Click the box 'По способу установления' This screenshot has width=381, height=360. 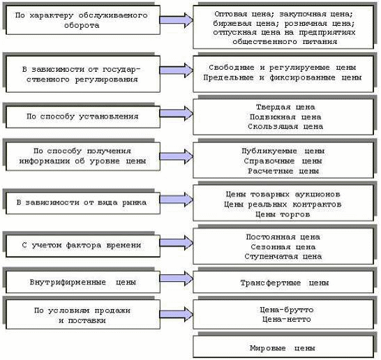tap(83, 117)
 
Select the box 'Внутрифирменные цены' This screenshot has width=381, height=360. tap(83, 282)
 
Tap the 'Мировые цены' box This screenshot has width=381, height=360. tap(283, 347)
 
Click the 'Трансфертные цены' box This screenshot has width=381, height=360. tap(283, 282)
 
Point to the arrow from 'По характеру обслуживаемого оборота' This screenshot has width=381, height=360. tap(177, 20)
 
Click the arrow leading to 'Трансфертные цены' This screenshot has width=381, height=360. tap(177, 278)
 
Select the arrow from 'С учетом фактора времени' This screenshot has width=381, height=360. tap(177, 242)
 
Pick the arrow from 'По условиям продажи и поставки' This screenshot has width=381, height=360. tap(177, 314)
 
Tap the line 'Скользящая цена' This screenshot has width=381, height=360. tap(285, 126)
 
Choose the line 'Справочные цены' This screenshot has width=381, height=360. tap(283, 161)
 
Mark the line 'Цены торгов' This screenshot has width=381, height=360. tap(283, 214)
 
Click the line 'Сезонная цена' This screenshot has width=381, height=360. tap(283, 247)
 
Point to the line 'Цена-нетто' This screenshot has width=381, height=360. tap(287, 319)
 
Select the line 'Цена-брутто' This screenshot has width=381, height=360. tap(287, 310)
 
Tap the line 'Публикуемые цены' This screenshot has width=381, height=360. tap(283, 151)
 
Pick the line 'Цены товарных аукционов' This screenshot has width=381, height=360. tap(283, 195)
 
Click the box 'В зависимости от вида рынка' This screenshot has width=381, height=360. tap(83, 203)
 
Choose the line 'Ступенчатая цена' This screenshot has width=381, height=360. tap(283, 257)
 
